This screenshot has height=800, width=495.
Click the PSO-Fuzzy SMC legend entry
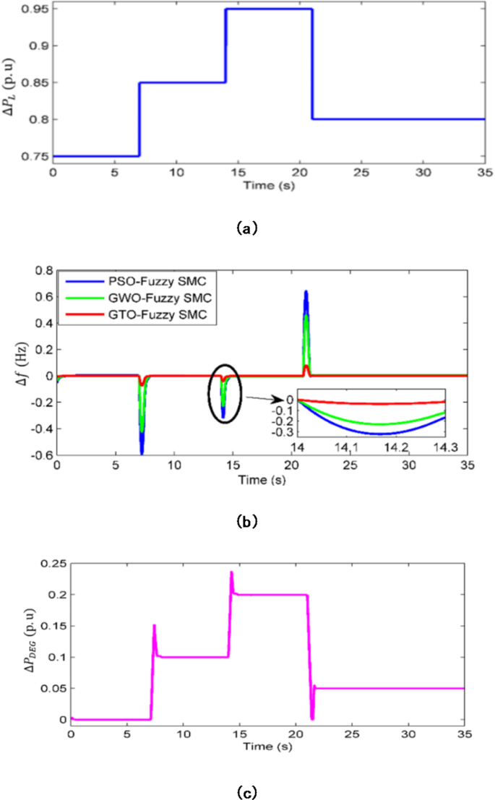coord(134,280)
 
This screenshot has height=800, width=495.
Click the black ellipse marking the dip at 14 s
coord(224,394)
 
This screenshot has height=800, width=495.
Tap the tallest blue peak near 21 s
coord(306,292)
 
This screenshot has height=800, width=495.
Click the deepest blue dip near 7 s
coord(142,452)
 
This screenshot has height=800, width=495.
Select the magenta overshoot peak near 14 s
coord(231,572)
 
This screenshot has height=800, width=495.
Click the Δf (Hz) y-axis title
coord(23,363)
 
